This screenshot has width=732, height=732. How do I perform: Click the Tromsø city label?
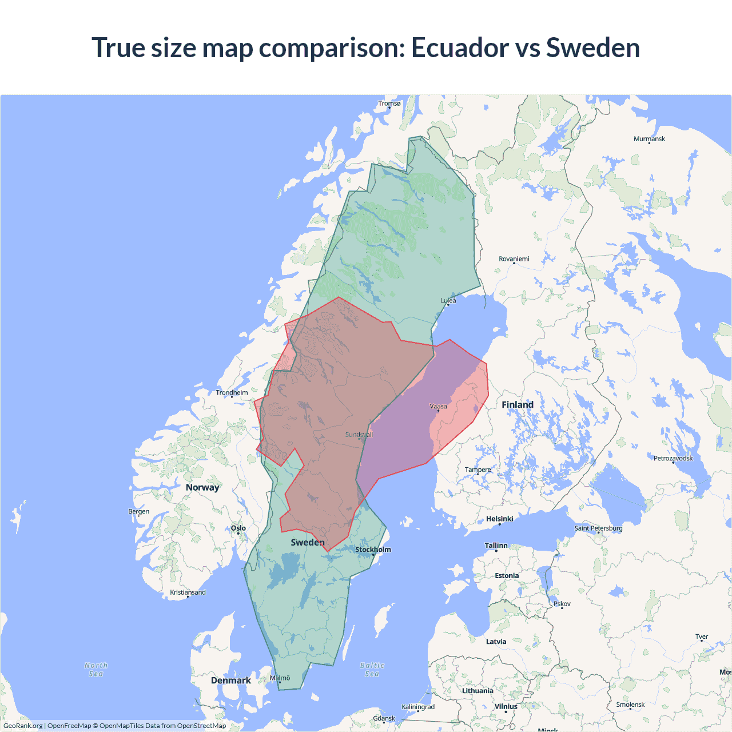(389, 104)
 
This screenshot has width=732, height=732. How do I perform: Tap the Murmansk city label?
(649, 139)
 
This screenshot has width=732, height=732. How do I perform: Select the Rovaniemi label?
(514, 259)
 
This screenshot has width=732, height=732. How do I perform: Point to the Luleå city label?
(448, 300)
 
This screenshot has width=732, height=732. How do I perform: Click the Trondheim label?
(232, 393)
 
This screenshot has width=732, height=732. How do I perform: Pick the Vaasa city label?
(438, 407)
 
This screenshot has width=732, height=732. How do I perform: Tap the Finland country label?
(517, 405)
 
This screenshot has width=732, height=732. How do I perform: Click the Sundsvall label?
(359, 435)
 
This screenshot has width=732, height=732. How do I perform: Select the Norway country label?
(202, 487)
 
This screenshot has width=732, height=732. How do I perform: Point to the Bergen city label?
(138, 511)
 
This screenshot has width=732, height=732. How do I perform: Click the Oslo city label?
(238, 528)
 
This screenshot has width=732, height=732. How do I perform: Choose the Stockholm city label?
(373, 550)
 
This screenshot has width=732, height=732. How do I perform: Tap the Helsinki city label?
(499, 519)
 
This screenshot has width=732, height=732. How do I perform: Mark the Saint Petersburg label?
(598, 528)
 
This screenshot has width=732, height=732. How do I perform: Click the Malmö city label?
(280, 678)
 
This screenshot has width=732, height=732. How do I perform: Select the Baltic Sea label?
(372, 670)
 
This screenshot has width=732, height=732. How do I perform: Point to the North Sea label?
(96, 670)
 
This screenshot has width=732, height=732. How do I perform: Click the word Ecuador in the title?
(460, 47)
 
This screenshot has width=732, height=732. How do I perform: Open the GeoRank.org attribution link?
(23, 726)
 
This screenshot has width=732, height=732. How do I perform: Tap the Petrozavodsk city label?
(673, 458)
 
